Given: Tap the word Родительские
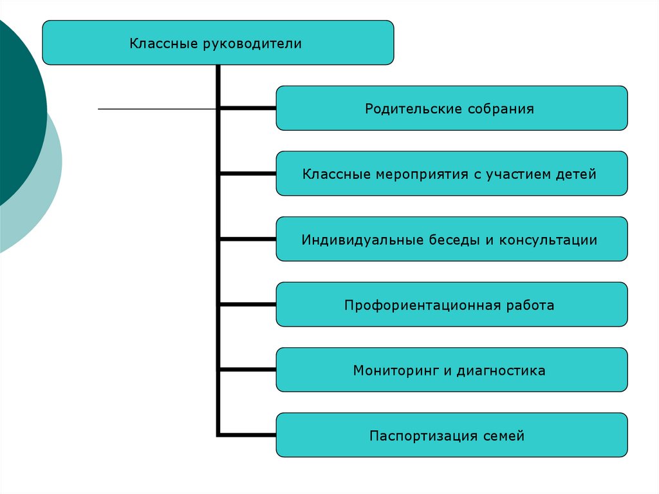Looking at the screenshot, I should click(406, 109).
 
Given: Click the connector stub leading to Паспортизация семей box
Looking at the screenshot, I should click(248, 435).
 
